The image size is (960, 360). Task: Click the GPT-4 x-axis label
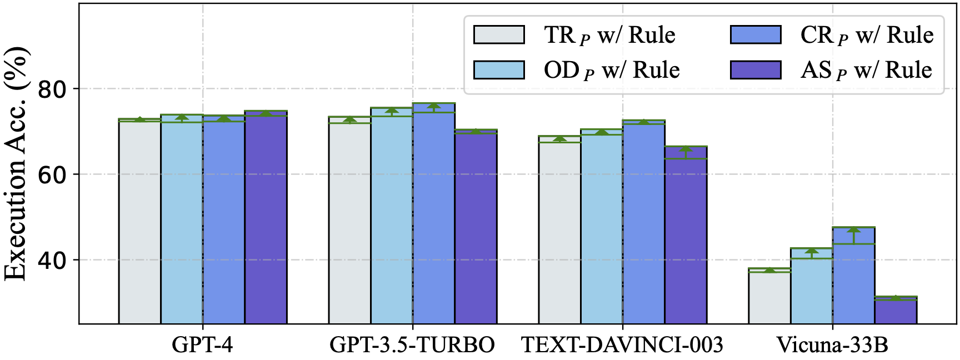(x=202, y=345)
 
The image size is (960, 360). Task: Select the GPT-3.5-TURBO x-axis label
(x=412, y=345)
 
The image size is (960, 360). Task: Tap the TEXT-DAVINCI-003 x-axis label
(x=622, y=345)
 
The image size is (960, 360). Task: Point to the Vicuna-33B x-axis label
(x=832, y=345)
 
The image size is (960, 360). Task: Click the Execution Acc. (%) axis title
(x=17, y=164)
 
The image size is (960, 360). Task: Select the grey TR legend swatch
(x=499, y=34)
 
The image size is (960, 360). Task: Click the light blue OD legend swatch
(x=499, y=70)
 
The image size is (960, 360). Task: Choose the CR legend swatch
(x=756, y=34)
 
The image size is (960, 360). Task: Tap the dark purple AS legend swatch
(x=756, y=70)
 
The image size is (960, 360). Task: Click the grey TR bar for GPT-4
(x=139, y=222)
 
